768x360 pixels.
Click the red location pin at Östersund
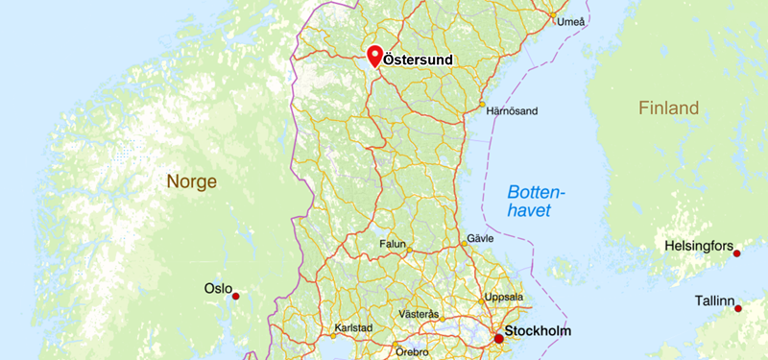click(375, 55)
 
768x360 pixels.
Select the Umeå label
click(570, 21)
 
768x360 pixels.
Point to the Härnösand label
click(512, 111)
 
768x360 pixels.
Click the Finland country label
click(668, 108)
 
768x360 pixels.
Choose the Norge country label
click(192, 181)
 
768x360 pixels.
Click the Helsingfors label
click(699, 247)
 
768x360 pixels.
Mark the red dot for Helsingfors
click(737, 253)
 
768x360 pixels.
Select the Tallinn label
click(715, 301)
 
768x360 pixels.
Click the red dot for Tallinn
click(738, 308)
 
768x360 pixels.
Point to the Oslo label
click(218, 288)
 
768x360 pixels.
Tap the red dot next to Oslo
click(236, 296)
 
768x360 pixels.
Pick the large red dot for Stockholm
click(499, 338)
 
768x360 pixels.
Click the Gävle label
click(479, 238)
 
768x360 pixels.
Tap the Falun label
click(393, 244)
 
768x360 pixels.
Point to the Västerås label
click(419, 314)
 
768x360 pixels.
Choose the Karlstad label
click(351, 327)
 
